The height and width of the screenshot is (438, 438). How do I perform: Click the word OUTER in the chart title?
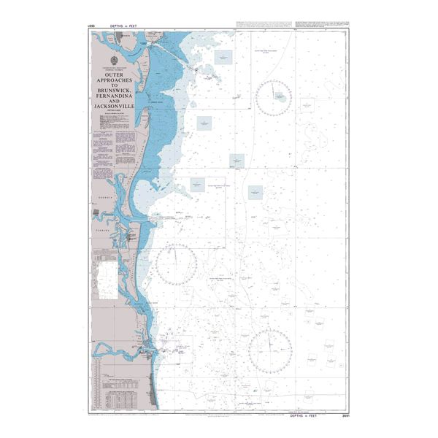113,74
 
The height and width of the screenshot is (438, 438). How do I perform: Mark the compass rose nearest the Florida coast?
175,264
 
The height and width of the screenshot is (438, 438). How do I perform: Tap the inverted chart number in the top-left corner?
91,27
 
